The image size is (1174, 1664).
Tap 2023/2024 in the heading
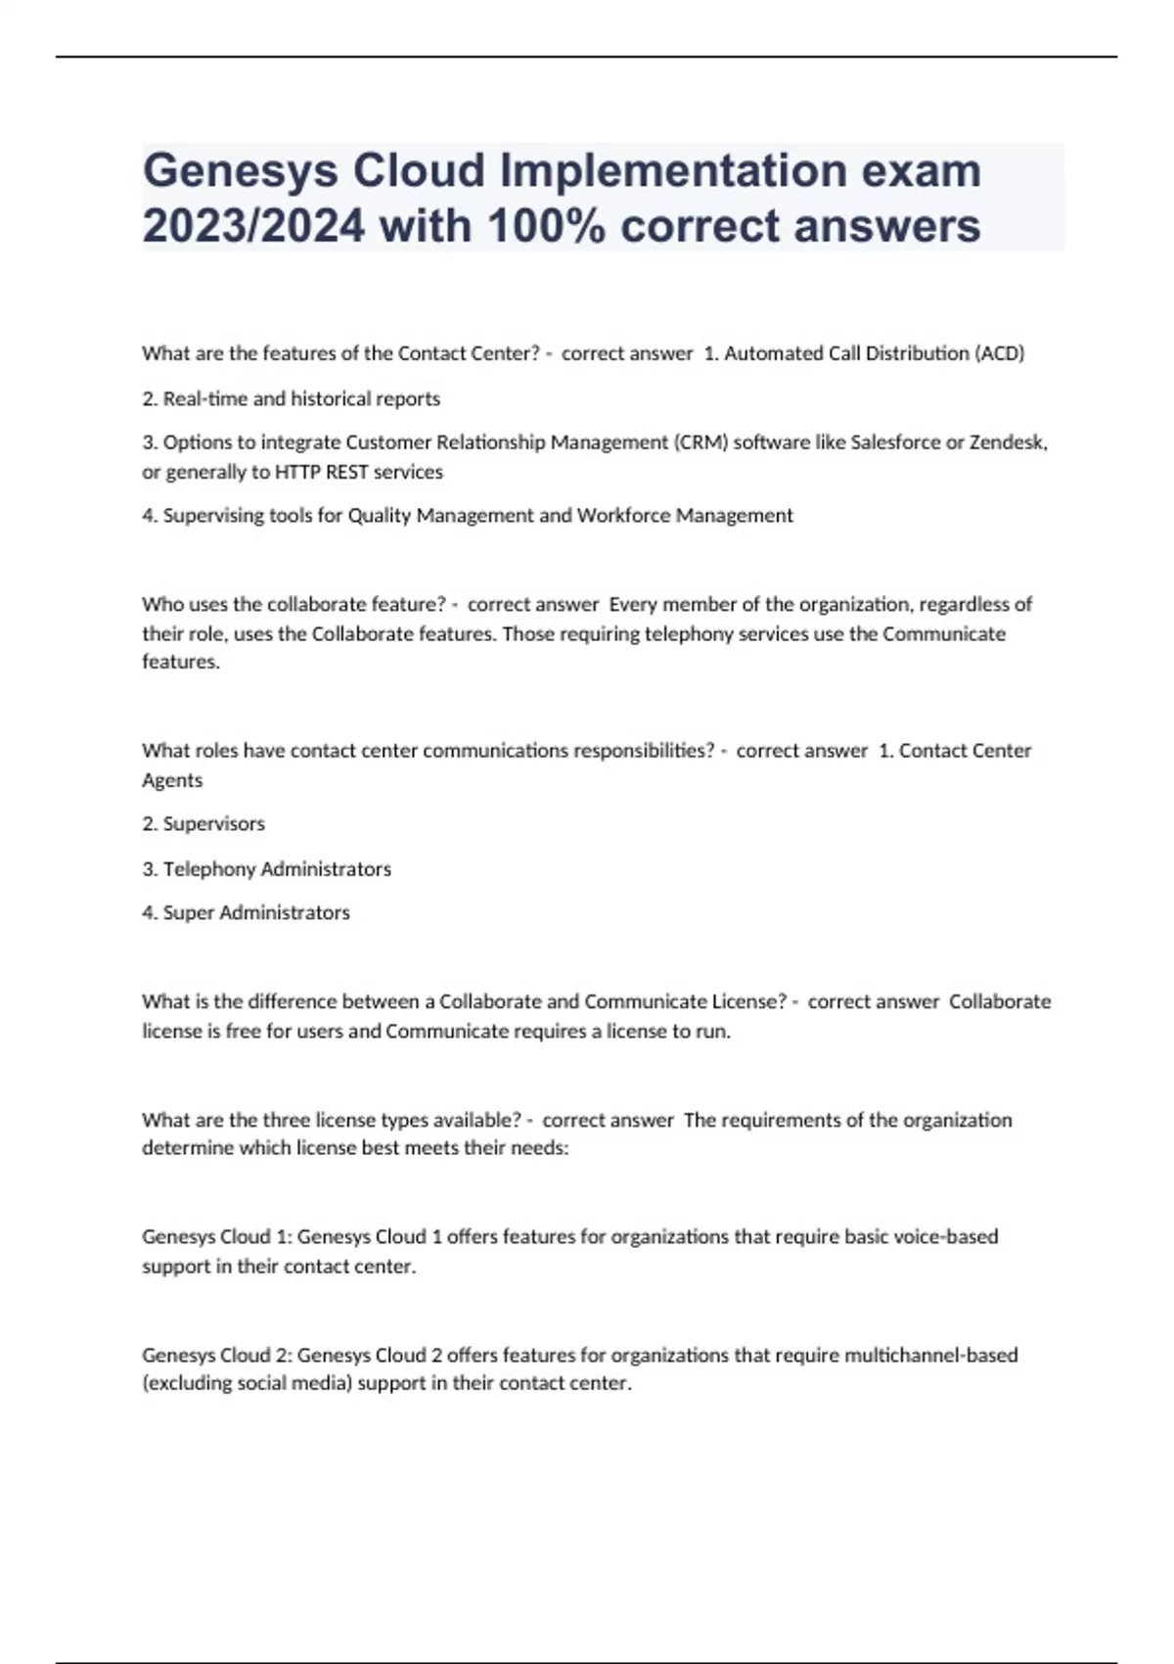(253, 226)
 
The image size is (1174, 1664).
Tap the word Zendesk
(1009, 442)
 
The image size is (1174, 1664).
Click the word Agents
(172, 780)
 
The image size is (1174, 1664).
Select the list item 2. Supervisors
(203, 824)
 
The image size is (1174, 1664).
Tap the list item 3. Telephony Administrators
(266, 869)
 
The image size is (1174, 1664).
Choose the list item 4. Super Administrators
(246, 912)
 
